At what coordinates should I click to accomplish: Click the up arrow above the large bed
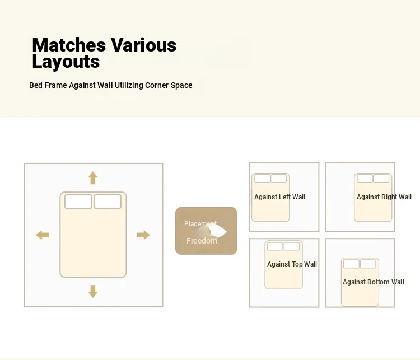pos(92,178)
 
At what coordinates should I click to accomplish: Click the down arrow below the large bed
pos(92,292)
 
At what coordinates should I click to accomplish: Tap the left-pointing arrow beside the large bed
pos(43,235)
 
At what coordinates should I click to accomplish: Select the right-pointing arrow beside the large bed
pos(143,235)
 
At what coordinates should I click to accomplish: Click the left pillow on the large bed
pos(78,202)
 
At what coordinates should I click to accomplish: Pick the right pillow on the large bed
pos(108,202)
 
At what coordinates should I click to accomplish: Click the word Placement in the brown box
pos(200,224)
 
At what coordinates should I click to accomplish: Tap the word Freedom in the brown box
pos(202,241)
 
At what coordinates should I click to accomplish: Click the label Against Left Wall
pos(279,197)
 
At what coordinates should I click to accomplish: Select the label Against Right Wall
pos(384,197)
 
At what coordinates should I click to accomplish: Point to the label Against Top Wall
pos(292,264)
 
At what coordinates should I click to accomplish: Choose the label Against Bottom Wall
pos(374,282)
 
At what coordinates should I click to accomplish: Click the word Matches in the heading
pos(69,45)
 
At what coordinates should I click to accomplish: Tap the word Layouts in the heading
pos(66,62)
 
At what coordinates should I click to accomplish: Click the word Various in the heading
pos(143,45)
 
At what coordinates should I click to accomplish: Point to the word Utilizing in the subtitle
pos(129,86)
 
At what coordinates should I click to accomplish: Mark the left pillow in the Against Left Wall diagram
pos(262,179)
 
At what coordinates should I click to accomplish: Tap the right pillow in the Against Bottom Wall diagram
pos(367,264)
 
